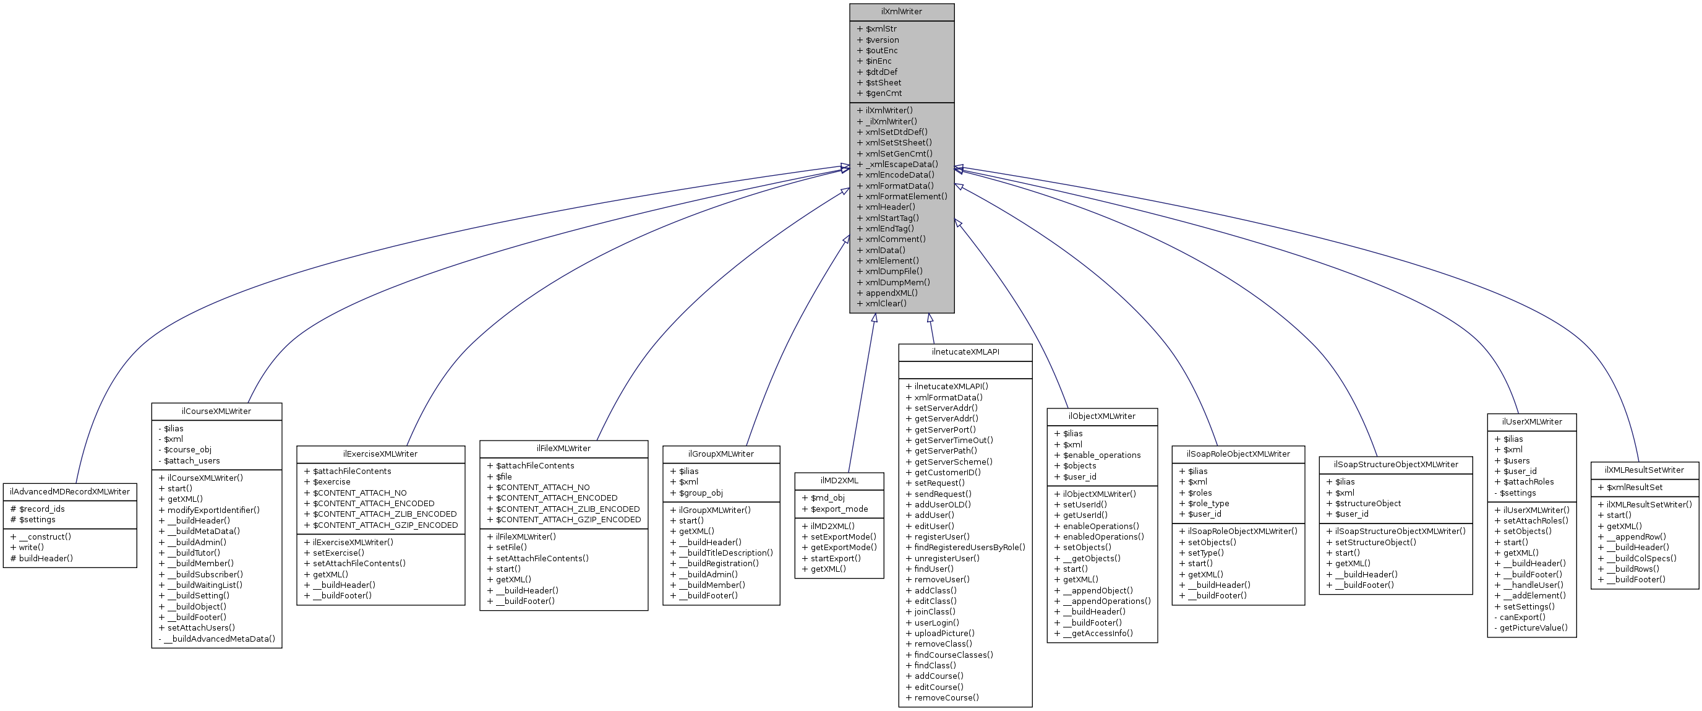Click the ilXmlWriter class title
click(x=901, y=12)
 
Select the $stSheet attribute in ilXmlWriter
click(x=883, y=82)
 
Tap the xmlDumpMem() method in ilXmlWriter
click(x=897, y=282)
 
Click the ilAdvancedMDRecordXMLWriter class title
click(x=70, y=491)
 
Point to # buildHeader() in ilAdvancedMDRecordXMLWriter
click(x=41, y=558)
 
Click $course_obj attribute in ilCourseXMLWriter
click(x=187, y=450)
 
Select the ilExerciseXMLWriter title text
click(x=380, y=454)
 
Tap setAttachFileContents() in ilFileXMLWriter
click(x=542, y=558)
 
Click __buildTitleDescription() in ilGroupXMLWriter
click(x=725, y=553)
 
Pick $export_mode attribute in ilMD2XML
click(x=839, y=509)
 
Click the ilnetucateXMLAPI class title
click(x=965, y=352)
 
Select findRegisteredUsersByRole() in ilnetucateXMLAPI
click(x=969, y=547)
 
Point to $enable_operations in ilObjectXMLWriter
click(x=1101, y=455)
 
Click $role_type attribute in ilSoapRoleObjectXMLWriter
click(x=1208, y=504)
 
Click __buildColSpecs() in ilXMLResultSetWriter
click(x=1641, y=558)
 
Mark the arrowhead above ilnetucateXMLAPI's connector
click(x=930, y=319)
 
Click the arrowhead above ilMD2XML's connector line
click(x=874, y=319)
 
